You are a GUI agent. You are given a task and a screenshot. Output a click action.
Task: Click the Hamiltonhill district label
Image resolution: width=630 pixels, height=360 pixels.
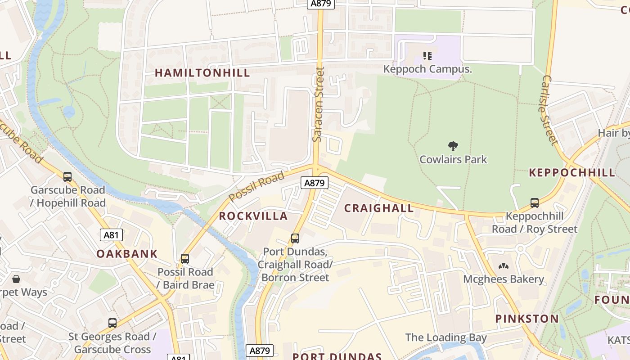202,73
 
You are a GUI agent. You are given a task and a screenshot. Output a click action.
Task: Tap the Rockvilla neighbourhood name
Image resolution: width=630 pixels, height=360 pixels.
253,216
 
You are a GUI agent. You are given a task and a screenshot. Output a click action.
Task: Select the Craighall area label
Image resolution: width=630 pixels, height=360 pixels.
378,208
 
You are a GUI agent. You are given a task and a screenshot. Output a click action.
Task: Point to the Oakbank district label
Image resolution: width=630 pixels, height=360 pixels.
127,254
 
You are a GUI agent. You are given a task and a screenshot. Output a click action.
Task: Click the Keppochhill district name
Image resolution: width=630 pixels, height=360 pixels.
572,172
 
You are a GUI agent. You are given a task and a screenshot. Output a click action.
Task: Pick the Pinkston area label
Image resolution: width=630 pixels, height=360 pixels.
527,319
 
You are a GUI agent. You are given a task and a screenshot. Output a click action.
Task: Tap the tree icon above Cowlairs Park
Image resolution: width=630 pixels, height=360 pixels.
453,146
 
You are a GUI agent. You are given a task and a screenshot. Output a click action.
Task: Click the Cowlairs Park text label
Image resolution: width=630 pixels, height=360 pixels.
453,159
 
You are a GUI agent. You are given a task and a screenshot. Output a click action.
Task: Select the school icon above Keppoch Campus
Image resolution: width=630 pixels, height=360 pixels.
427,56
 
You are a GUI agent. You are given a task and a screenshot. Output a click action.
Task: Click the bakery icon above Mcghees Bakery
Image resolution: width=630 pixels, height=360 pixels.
503,266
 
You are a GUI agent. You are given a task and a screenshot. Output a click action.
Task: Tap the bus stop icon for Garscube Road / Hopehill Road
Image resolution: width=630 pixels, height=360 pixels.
67,177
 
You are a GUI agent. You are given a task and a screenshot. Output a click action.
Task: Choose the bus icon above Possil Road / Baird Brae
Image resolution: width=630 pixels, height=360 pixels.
185,259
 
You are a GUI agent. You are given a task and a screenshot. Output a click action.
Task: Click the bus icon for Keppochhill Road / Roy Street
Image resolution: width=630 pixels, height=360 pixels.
534,203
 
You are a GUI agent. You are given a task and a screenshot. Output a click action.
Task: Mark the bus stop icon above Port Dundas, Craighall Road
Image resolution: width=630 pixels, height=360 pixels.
295,238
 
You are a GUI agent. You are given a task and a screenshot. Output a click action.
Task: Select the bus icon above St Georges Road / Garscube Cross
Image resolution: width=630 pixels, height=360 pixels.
112,323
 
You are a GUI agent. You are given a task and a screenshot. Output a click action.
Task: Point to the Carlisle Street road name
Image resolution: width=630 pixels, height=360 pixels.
550,110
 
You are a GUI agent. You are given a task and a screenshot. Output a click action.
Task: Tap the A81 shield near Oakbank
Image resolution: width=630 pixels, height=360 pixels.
111,235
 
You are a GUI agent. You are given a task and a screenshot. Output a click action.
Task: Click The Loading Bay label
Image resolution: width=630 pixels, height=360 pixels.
445,337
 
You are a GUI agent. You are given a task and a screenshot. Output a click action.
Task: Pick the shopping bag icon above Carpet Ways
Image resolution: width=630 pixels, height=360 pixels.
16,279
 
